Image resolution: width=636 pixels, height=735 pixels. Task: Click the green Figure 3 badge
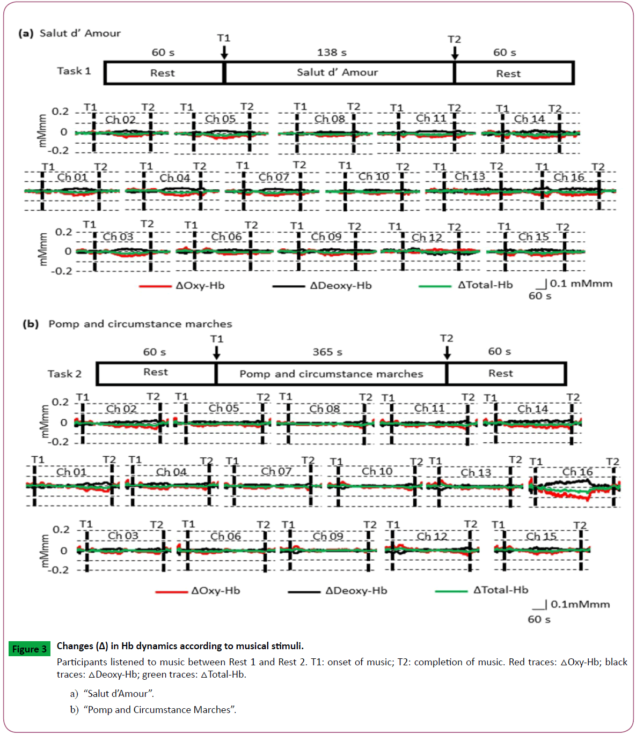[x=30, y=649]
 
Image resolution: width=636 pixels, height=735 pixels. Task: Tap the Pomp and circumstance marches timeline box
[x=331, y=374]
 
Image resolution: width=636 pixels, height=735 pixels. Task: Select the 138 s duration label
[x=332, y=53]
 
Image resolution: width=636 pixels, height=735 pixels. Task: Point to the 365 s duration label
[x=327, y=352]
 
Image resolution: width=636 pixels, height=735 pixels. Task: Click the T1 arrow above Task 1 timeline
[x=224, y=52]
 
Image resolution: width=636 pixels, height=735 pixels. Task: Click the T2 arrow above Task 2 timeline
[x=447, y=352]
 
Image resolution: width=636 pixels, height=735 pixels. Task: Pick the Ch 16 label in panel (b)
[x=577, y=472]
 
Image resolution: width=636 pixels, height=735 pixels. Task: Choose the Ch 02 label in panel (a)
[x=120, y=120]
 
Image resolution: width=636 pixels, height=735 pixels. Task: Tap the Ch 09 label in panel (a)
[x=326, y=236]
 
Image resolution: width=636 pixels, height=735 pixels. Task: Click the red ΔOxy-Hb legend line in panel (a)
[x=155, y=286]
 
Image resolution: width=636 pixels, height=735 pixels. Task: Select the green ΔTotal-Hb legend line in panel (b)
[x=451, y=591]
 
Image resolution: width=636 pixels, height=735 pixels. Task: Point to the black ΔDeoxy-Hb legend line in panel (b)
[x=304, y=592]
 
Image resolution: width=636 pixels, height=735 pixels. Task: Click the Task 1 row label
[x=74, y=71]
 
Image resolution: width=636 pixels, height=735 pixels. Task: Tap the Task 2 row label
[x=64, y=374]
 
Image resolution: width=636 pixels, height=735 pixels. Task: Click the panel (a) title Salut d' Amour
[x=80, y=33]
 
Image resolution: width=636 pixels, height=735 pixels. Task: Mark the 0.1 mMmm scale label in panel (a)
[x=581, y=284]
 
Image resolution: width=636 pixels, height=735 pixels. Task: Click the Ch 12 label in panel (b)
[x=432, y=536]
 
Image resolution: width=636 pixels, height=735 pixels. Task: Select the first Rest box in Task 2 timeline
[x=156, y=373]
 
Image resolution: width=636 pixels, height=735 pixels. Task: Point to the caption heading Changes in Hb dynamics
[x=180, y=646]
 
